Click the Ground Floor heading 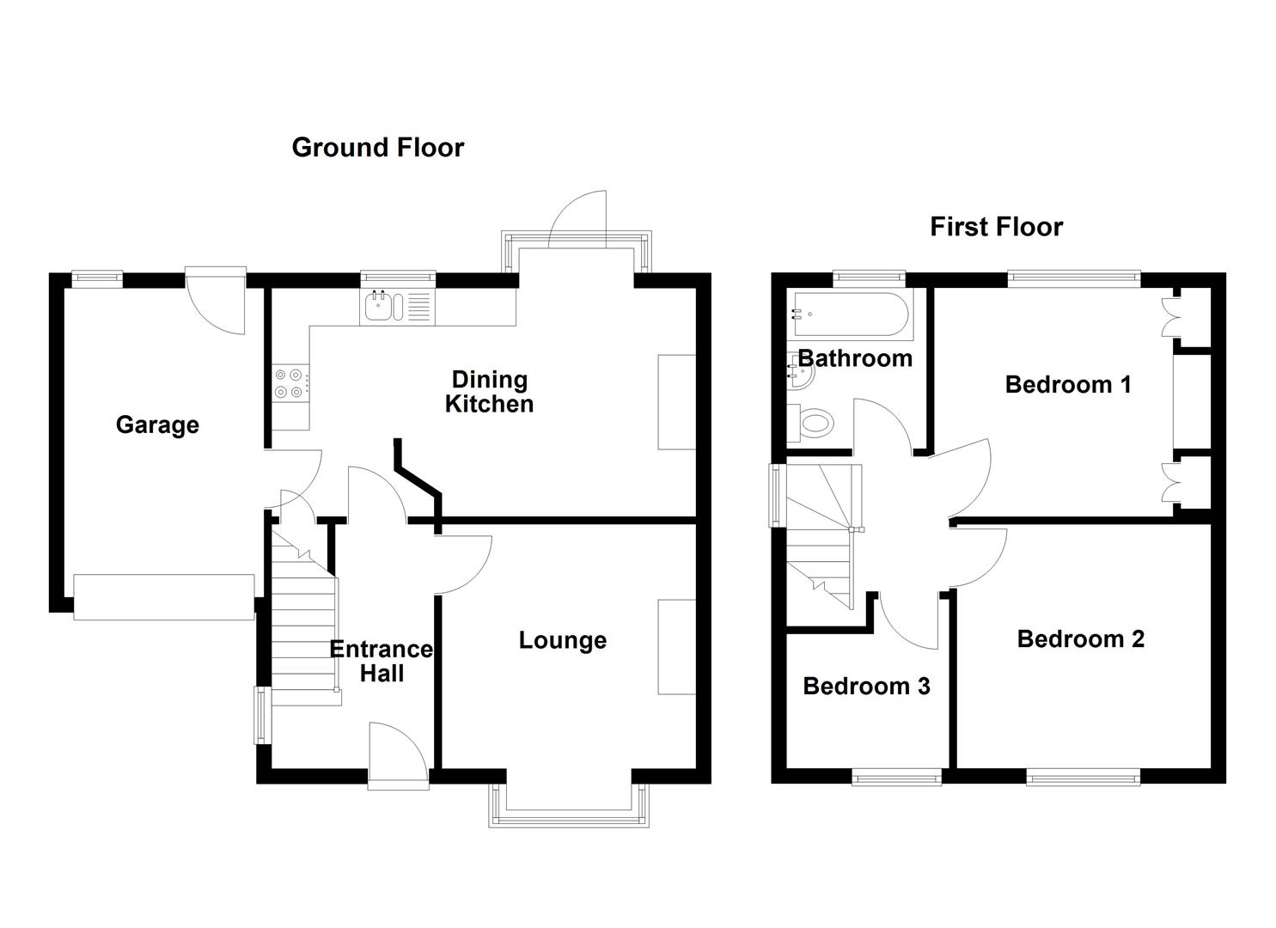pos(377,148)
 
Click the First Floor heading pos(996,227)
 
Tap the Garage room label pos(157,424)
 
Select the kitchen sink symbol pos(383,307)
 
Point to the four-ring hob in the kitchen pos(290,383)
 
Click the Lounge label pos(562,640)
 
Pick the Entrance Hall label pos(382,661)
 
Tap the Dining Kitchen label pos(489,392)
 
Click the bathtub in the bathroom pos(849,314)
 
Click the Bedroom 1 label pos(1067,384)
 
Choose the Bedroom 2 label pos(1080,638)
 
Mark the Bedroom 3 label pos(866,686)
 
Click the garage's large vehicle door pos(163,596)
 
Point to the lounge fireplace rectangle pos(675,646)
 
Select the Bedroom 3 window pos(896,777)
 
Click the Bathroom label pos(855,358)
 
